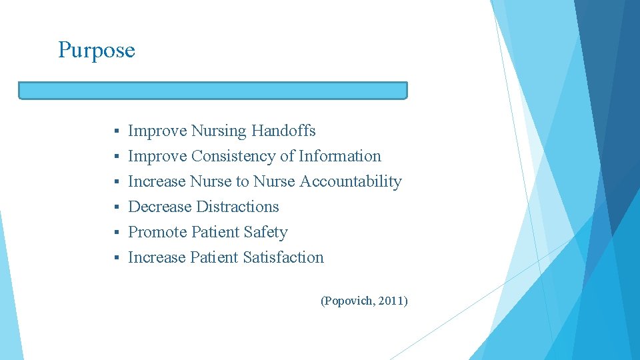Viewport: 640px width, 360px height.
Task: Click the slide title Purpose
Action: (96, 51)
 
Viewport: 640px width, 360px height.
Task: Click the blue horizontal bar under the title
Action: (213, 91)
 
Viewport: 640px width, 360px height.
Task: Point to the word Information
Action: (340, 156)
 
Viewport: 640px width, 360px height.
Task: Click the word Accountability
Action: (351, 181)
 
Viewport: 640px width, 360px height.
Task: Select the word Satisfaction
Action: (283, 257)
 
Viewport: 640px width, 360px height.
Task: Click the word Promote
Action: (157, 232)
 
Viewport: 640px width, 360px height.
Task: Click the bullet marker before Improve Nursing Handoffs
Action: (116, 131)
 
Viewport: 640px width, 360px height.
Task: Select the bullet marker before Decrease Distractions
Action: (116, 207)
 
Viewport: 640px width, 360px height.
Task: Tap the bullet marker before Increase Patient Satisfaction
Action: (116, 258)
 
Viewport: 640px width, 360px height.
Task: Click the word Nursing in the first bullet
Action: (219, 131)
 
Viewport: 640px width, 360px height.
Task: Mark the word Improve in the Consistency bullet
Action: (157, 156)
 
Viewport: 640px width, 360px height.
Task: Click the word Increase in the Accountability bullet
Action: (157, 181)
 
